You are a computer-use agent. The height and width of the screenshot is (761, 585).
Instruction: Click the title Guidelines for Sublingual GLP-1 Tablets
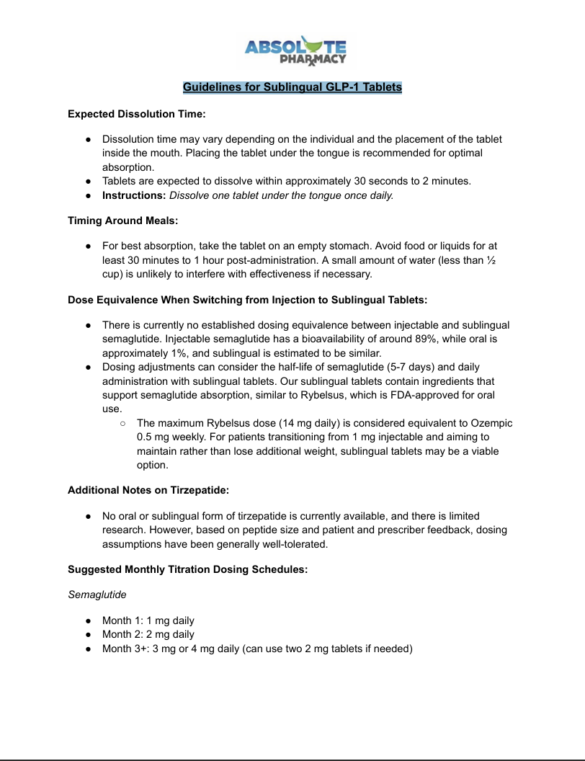tap(292, 87)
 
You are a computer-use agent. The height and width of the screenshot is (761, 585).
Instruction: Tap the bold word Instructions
tap(134, 195)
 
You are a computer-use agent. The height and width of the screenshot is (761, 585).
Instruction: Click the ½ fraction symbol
tap(492, 260)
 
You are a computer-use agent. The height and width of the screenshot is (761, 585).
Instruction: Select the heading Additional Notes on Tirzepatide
tap(148, 490)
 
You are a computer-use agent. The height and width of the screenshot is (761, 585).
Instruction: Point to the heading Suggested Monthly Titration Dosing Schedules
tap(188, 569)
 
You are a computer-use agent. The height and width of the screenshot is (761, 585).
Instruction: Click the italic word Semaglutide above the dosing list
tap(97, 595)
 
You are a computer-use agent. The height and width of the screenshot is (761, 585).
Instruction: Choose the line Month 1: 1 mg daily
tap(148, 620)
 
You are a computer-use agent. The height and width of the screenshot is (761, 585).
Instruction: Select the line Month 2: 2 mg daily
tap(148, 634)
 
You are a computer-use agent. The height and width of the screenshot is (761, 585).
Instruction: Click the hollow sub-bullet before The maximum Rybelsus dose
tap(123, 423)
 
